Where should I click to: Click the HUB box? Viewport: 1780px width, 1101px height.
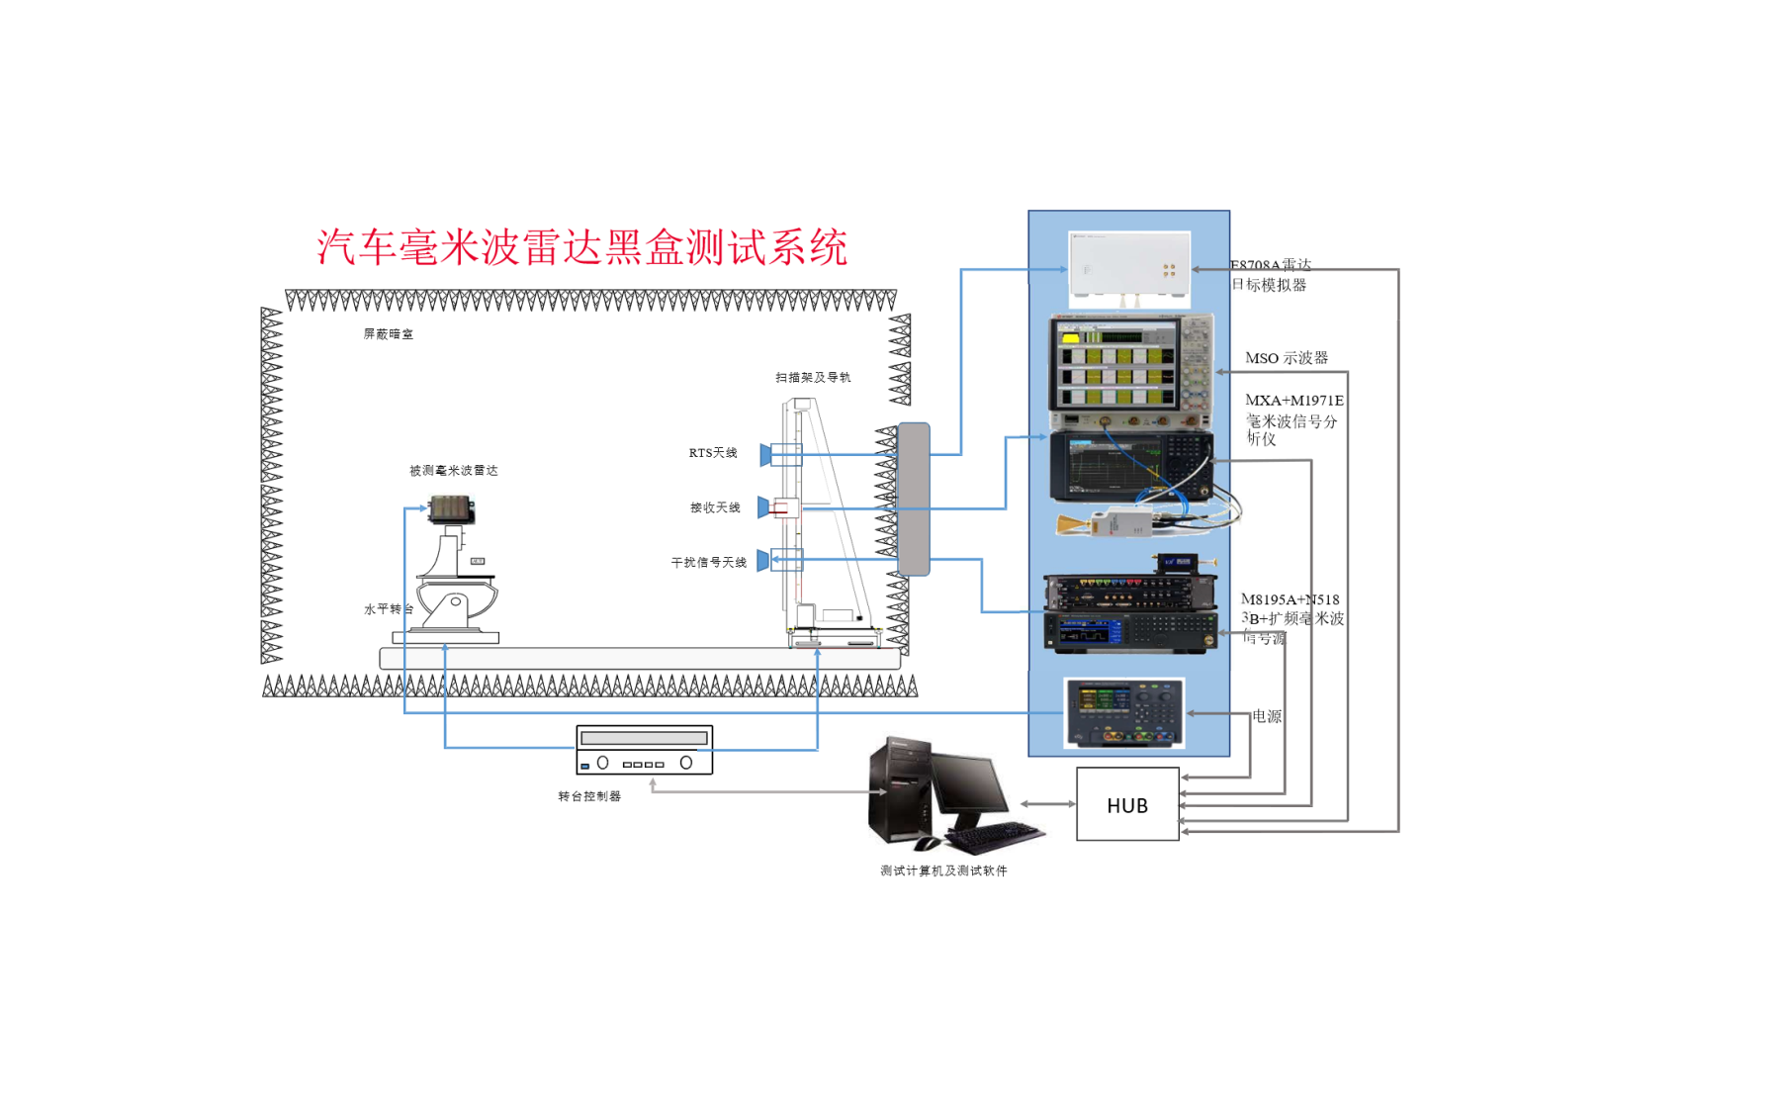tap(1127, 804)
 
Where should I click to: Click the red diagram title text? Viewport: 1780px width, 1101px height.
tap(581, 247)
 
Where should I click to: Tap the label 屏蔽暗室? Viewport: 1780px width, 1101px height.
tap(388, 334)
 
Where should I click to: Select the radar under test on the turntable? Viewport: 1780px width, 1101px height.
tap(452, 509)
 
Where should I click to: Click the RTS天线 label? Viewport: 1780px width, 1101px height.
tap(713, 453)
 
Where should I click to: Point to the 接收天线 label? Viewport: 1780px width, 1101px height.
tap(715, 507)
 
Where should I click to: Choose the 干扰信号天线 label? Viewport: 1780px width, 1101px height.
tap(708, 562)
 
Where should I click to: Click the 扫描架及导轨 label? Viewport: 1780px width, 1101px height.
tap(813, 377)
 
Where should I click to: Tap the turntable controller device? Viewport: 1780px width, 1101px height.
tap(644, 750)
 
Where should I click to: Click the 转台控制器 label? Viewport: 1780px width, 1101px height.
tap(589, 796)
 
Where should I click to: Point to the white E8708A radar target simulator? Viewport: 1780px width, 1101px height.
tap(1129, 268)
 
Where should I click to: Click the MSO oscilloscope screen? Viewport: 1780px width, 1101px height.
tap(1115, 370)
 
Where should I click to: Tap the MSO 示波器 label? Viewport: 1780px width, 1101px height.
tap(1286, 358)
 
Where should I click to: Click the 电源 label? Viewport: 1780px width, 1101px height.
tap(1267, 716)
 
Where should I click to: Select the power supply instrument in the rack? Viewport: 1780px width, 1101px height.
tap(1124, 713)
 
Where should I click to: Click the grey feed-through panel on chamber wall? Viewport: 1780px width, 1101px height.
tap(914, 499)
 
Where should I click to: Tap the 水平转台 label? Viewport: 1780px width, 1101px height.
tap(389, 609)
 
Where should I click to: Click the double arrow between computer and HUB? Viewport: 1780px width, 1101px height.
tap(1048, 804)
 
